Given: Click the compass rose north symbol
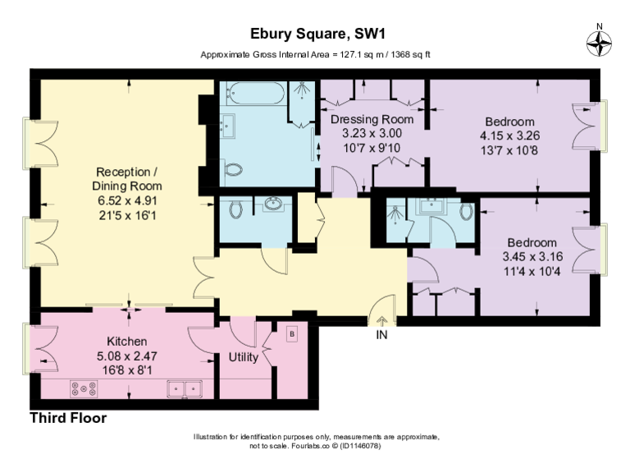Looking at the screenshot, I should [600, 42].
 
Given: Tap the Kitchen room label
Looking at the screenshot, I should [127, 341].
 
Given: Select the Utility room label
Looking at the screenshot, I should [244, 358].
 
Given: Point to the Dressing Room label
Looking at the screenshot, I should [372, 120].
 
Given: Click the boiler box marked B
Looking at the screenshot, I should [290, 334].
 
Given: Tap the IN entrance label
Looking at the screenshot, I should [381, 335].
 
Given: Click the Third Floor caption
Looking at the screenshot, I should [68, 418].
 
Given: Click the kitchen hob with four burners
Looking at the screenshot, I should [84, 388].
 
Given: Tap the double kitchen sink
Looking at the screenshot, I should [186, 388].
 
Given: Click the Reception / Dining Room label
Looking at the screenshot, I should [127, 179].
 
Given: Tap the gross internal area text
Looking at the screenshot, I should [316, 54].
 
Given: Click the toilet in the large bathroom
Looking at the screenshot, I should [235, 170].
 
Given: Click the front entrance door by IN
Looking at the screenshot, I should [381, 312].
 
